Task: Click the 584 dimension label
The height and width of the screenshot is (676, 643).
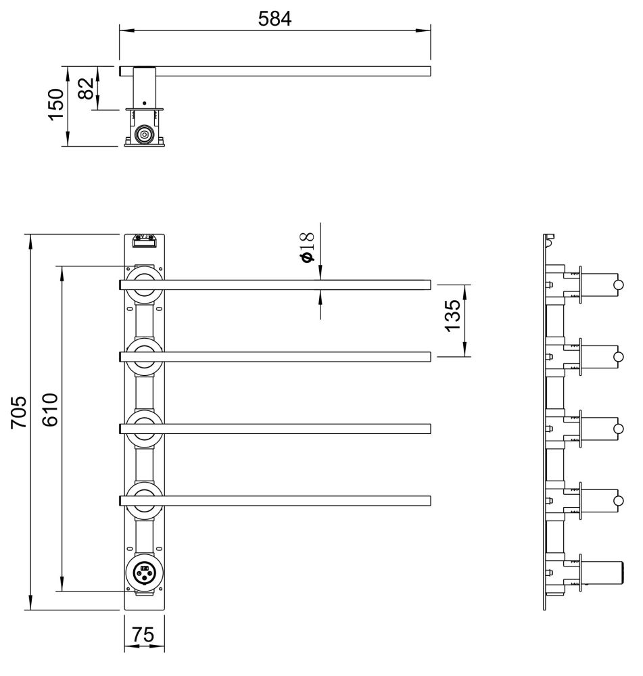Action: coord(275,18)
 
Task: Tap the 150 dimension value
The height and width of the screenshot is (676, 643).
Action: coord(56,105)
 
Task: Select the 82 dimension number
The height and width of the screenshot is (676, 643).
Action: coord(87,88)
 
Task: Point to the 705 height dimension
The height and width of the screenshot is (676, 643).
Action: coord(18,412)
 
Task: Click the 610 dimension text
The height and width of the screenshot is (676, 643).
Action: coord(50,410)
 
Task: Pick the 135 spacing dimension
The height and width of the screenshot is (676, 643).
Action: coord(452,316)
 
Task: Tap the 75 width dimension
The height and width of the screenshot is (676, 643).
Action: coord(143,635)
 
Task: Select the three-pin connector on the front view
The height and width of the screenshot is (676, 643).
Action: coord(145,573)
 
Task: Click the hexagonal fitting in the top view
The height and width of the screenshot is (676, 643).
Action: coord(144,135)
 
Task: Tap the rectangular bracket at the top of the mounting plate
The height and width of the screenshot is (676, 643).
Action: coord(145,241)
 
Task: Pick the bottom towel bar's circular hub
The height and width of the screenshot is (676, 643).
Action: coord(145,501)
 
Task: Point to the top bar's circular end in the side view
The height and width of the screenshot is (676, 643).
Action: coord(619,285)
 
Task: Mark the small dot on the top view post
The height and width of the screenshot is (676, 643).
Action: coord(144,103)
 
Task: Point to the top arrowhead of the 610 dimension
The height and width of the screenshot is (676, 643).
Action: coord(62,274)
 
